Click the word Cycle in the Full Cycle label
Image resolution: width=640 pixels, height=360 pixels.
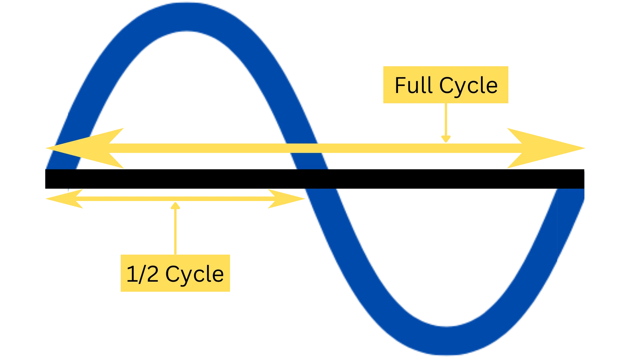(468, 86)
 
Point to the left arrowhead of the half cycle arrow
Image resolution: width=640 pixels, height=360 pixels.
(65, 199)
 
